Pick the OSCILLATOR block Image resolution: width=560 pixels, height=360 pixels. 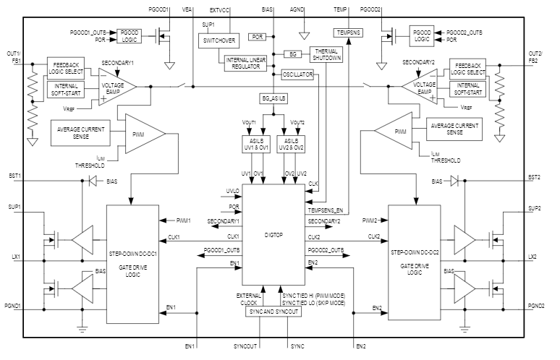click(296, 74)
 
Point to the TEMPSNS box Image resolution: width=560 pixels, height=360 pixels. click(347, 32)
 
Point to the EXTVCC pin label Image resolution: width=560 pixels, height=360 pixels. click(220, 11)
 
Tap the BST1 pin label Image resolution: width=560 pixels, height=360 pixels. click(14, 176)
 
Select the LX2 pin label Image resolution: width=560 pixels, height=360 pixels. click(532, 257)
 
